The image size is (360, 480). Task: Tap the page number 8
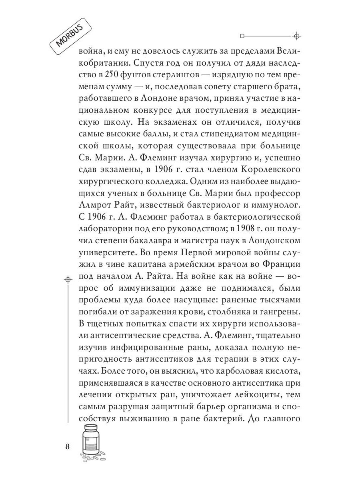click(68, 447)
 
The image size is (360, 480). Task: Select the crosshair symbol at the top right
click(296, 36)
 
